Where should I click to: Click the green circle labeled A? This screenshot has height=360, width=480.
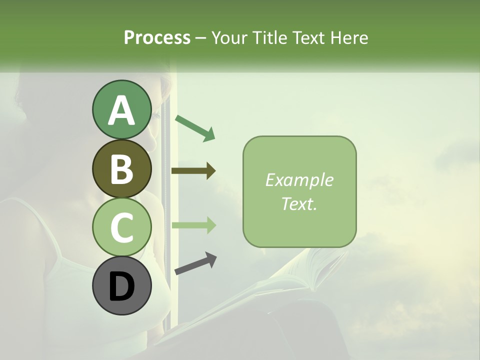(121, 110)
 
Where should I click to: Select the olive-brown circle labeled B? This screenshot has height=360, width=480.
(121, 168)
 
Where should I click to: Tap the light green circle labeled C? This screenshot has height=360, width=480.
(121, 227)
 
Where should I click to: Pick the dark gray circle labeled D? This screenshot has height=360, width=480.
(121, 286)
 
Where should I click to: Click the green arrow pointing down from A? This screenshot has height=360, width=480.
(195, 127)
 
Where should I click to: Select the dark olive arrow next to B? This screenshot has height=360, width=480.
(193, 171)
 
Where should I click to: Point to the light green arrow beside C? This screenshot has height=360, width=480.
(193, 225)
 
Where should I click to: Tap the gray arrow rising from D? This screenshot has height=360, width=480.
(195, 263)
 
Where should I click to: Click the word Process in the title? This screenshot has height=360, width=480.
(157, 37)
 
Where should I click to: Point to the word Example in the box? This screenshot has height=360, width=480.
(299, 180)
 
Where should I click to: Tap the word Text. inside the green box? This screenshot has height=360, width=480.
(299, 203)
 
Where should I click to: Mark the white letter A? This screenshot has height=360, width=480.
(121, 110)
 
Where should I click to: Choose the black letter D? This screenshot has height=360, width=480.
(121, 286)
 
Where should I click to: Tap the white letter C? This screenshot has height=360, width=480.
(121, 227)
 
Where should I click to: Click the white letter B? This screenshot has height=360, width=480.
(121, 169)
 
